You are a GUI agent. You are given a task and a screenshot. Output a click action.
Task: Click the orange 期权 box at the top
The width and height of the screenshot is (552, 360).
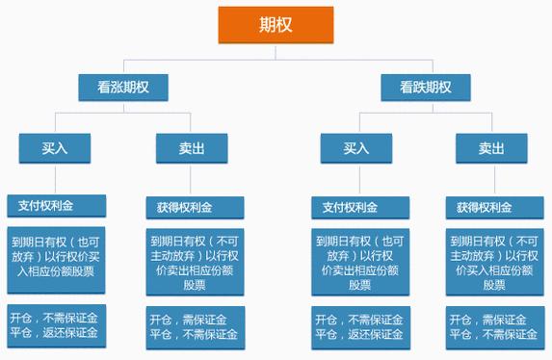(x=276, y=23)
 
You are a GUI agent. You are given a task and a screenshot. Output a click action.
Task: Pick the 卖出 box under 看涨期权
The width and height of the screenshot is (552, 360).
(x=191, y=148)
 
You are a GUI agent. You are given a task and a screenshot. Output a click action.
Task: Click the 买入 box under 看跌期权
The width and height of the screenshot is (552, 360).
(x=358, y=148)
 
